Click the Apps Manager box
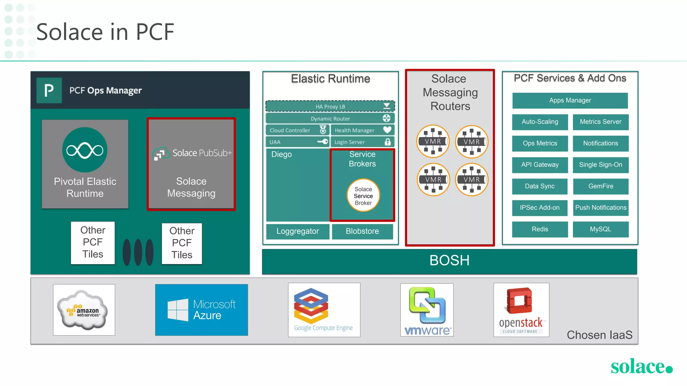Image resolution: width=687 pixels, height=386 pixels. pos(570,101)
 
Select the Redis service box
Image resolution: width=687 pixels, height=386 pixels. pos(540,229)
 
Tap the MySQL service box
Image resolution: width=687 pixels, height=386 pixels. pos(600,229)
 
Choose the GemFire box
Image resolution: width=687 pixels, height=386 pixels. pos(600,186)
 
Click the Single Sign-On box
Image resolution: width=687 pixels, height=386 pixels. pos(600,165)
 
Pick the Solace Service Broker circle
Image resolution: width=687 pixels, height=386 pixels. pos(363,196)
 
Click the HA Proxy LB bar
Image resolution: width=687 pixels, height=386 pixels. pos(330,107)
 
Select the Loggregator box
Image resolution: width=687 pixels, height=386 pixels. pos(298,232)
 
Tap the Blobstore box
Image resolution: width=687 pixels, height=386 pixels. pos(362,232)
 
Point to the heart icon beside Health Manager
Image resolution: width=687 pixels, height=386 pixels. pos(387,130)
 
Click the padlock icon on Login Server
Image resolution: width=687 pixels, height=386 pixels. pos(387,142)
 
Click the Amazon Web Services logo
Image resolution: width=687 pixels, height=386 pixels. pos(84,310)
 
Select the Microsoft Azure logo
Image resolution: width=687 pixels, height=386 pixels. pos(201,310)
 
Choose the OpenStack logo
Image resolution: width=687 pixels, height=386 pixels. pos(521,310)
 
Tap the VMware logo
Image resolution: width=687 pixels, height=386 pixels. pos(427,310)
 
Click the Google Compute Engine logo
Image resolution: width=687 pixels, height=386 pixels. pos(324,310)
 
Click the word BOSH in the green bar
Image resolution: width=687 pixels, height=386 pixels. pos(449,261)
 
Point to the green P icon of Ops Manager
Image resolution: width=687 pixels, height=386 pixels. pos(49,90)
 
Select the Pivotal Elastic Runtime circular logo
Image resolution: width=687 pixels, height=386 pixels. pos(85,150)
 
